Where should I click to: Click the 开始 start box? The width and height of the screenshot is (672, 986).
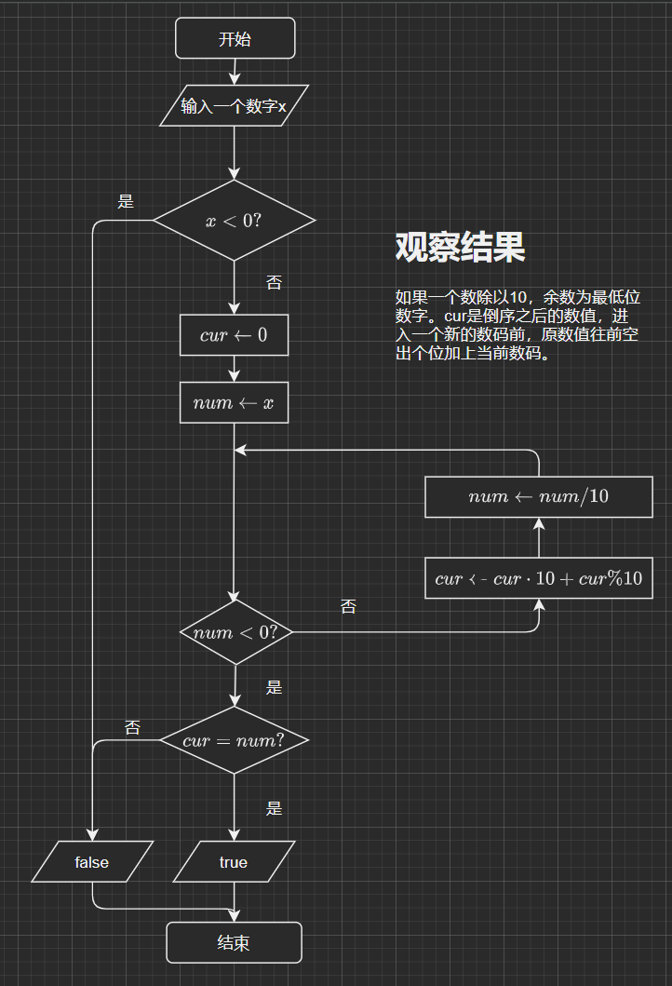click(235, 38)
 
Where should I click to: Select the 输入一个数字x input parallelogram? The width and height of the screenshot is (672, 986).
click(234, 106)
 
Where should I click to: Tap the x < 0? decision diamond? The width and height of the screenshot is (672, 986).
click(234, 221)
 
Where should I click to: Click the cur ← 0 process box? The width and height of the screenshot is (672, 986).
click(234, 335)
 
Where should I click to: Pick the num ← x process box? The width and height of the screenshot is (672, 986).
click(234, 403)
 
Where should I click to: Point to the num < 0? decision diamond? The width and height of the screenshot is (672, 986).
click(235, 632)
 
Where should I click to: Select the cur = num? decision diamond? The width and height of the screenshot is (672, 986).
click(234, 741)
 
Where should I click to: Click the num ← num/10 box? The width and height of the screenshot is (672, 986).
click(539, 496)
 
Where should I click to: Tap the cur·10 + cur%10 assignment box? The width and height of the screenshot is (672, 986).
click(539, 578)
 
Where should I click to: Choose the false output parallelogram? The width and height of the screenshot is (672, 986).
click(92, 862)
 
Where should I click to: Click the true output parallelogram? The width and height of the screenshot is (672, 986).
click(234, 862)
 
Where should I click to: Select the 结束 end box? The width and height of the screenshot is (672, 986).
click(234, 942)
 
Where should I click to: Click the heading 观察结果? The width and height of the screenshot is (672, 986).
click(460, 247)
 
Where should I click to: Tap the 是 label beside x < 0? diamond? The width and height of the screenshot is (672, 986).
click(126, 201)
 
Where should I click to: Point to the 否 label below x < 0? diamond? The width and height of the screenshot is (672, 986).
click(274, 282)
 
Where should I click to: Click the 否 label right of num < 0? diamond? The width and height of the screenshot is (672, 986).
click(348, 607)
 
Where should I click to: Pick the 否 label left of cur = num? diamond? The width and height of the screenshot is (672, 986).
click(132, 727)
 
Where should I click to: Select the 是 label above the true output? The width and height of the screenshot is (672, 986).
click(274, 808)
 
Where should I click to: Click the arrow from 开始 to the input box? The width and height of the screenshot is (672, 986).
click(235, 71)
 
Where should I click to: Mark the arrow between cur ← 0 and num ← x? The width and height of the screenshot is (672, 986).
click(234, 370)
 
